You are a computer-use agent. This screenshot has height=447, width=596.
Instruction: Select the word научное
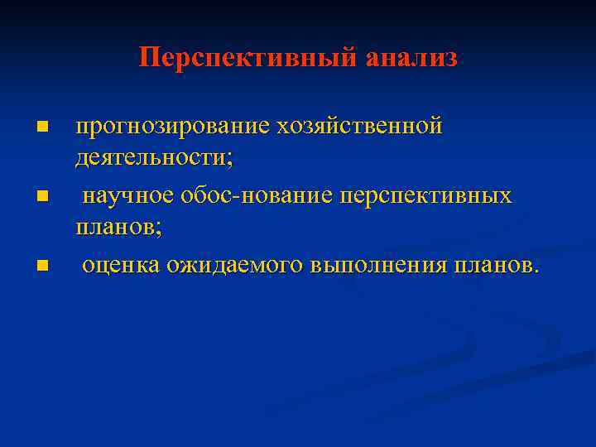click(x=127, y=196)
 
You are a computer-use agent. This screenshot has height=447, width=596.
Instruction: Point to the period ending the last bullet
click(x=536, y=271)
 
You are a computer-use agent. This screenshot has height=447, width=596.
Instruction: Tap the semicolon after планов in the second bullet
click(x=159, y=228)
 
